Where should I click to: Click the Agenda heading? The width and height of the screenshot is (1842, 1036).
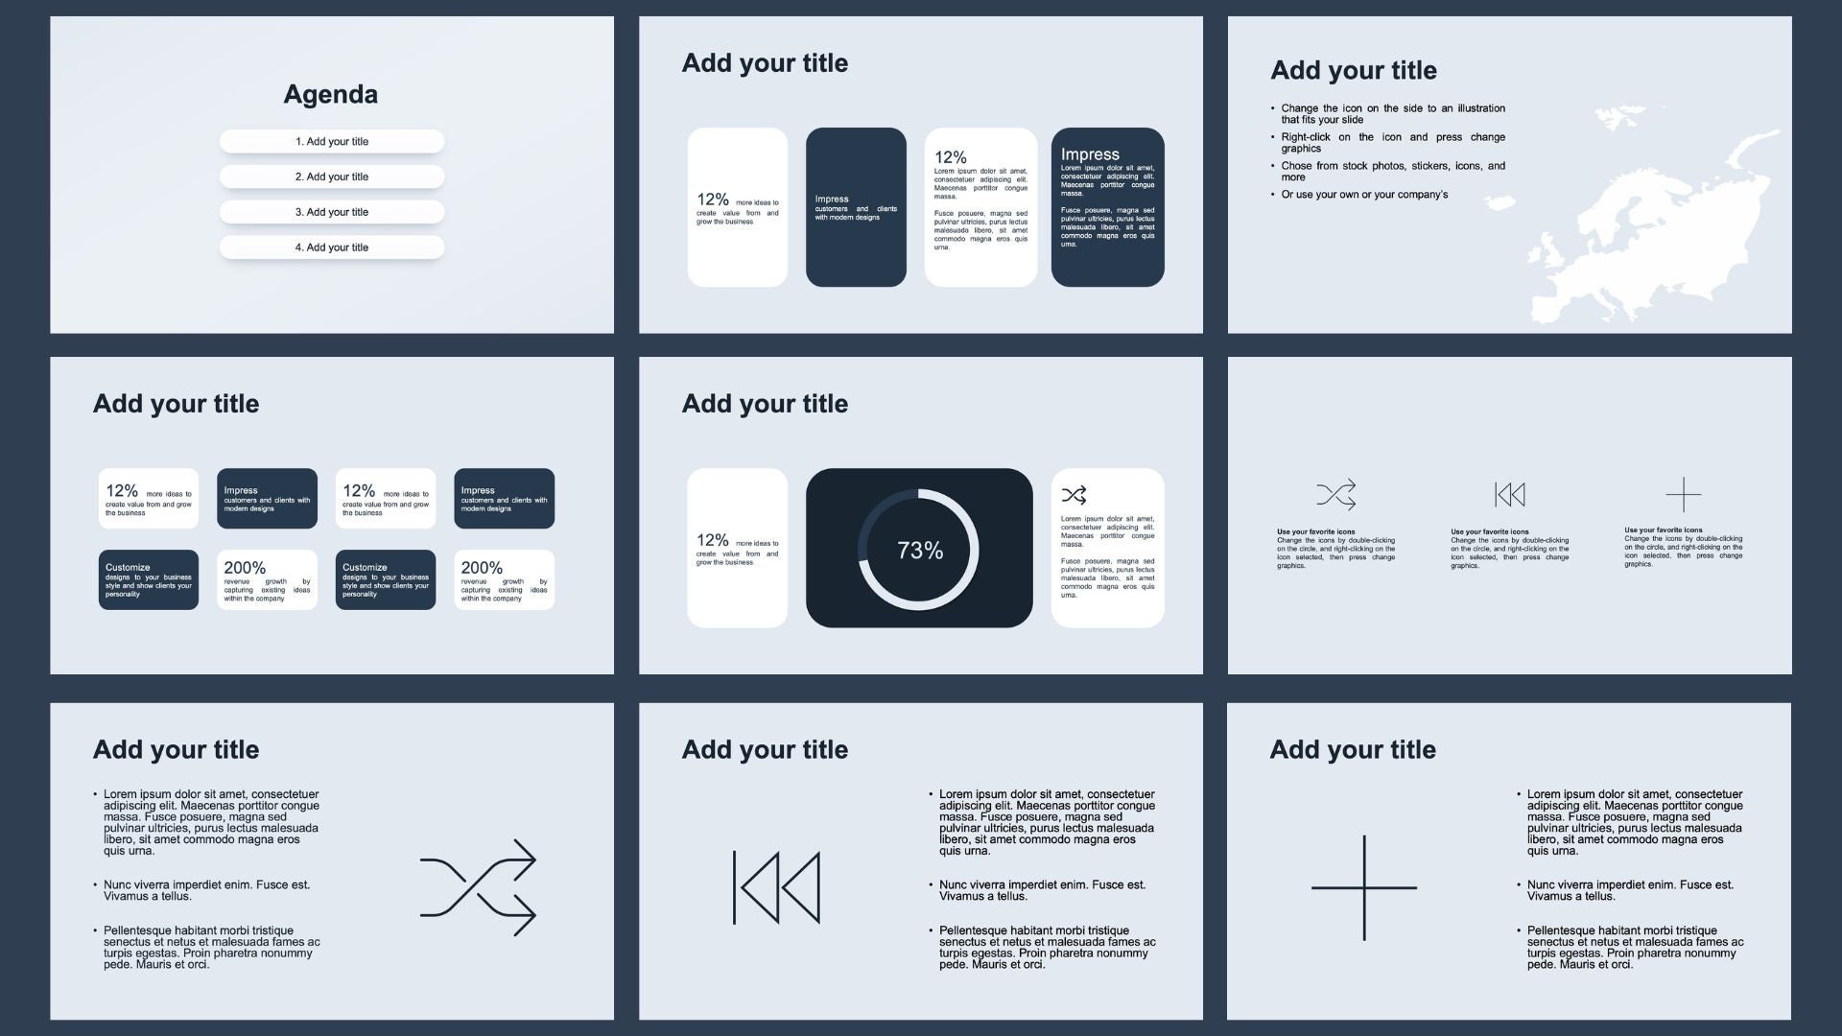coord(330,94)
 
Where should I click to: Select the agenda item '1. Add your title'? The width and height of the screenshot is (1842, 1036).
coord(332,142)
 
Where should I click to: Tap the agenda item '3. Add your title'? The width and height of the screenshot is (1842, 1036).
coord(332,212)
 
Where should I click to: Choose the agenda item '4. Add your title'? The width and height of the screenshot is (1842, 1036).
coord(332,247)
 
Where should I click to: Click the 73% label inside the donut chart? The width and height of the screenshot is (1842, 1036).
coord(920,551)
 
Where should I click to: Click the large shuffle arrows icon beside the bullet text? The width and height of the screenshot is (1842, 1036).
coord(478,887)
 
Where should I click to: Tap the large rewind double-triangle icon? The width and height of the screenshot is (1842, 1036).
coord(777,887)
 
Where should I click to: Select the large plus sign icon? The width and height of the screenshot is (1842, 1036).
coord(1363,887)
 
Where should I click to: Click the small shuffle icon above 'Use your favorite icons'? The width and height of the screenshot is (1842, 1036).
coord(1335,495)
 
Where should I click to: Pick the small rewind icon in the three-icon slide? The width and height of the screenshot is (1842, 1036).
coord(1509,495)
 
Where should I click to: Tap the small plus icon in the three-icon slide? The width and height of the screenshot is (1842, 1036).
coord(1683,495)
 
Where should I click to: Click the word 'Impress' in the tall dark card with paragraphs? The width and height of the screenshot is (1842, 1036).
coord(1090,154)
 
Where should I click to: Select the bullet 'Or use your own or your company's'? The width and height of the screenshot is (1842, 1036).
coord(1364,195)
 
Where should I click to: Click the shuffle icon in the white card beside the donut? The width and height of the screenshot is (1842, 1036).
coord(1074,495)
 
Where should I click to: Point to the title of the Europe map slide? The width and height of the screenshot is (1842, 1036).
coord(1353,70)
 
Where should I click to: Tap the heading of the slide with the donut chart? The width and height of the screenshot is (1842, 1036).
coord(765,404)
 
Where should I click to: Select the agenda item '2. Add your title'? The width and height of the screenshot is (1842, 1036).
coord(332,177)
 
